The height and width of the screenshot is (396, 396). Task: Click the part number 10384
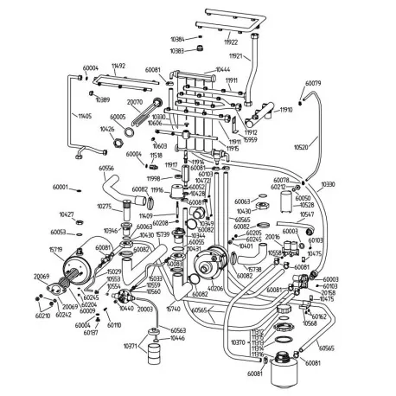pos(178,40)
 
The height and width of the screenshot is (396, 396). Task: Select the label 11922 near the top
pos(230,42)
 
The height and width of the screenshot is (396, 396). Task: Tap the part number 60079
pos(313,84)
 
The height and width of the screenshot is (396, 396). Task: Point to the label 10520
pos(301,148)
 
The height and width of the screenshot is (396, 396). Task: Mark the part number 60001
pos(60,188)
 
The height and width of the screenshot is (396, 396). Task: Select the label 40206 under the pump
pos(214,288)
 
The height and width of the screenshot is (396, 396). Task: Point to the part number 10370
pos(240,342)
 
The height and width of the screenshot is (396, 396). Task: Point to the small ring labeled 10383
pos(201,51)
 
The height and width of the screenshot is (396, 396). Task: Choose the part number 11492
pos(118,66)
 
